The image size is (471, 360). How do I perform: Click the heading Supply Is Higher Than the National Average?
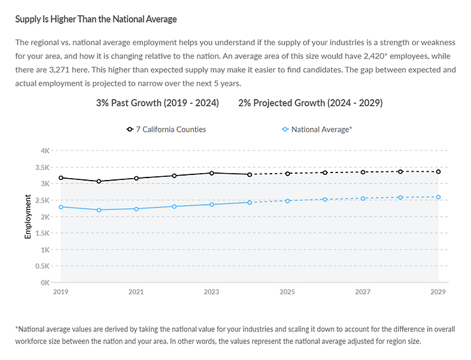coord(96,19)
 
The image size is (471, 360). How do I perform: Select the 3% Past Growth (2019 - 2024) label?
coord(157,103)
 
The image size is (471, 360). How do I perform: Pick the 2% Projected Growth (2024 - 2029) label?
coord(310,103)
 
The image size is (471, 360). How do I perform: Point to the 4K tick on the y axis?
coord(45,151)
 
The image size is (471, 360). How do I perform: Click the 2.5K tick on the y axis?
coord(42,200)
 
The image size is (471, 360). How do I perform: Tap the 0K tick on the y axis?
coord(45,283)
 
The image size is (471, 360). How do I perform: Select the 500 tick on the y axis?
coord(44,266)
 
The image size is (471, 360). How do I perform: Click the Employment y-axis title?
coord(28,216)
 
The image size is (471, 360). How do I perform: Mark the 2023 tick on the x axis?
coord(212,292)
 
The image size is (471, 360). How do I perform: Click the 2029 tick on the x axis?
coord(438,292)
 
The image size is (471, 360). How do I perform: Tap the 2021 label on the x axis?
coord(136,292)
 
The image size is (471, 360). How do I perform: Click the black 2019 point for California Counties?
coord(61,178)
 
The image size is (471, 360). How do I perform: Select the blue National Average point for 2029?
coord(438,197)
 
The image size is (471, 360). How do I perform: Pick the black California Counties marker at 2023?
coord(212,173)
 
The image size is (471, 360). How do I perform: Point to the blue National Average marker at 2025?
coord(288,201)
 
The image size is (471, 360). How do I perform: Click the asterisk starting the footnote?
coord(16,329)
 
